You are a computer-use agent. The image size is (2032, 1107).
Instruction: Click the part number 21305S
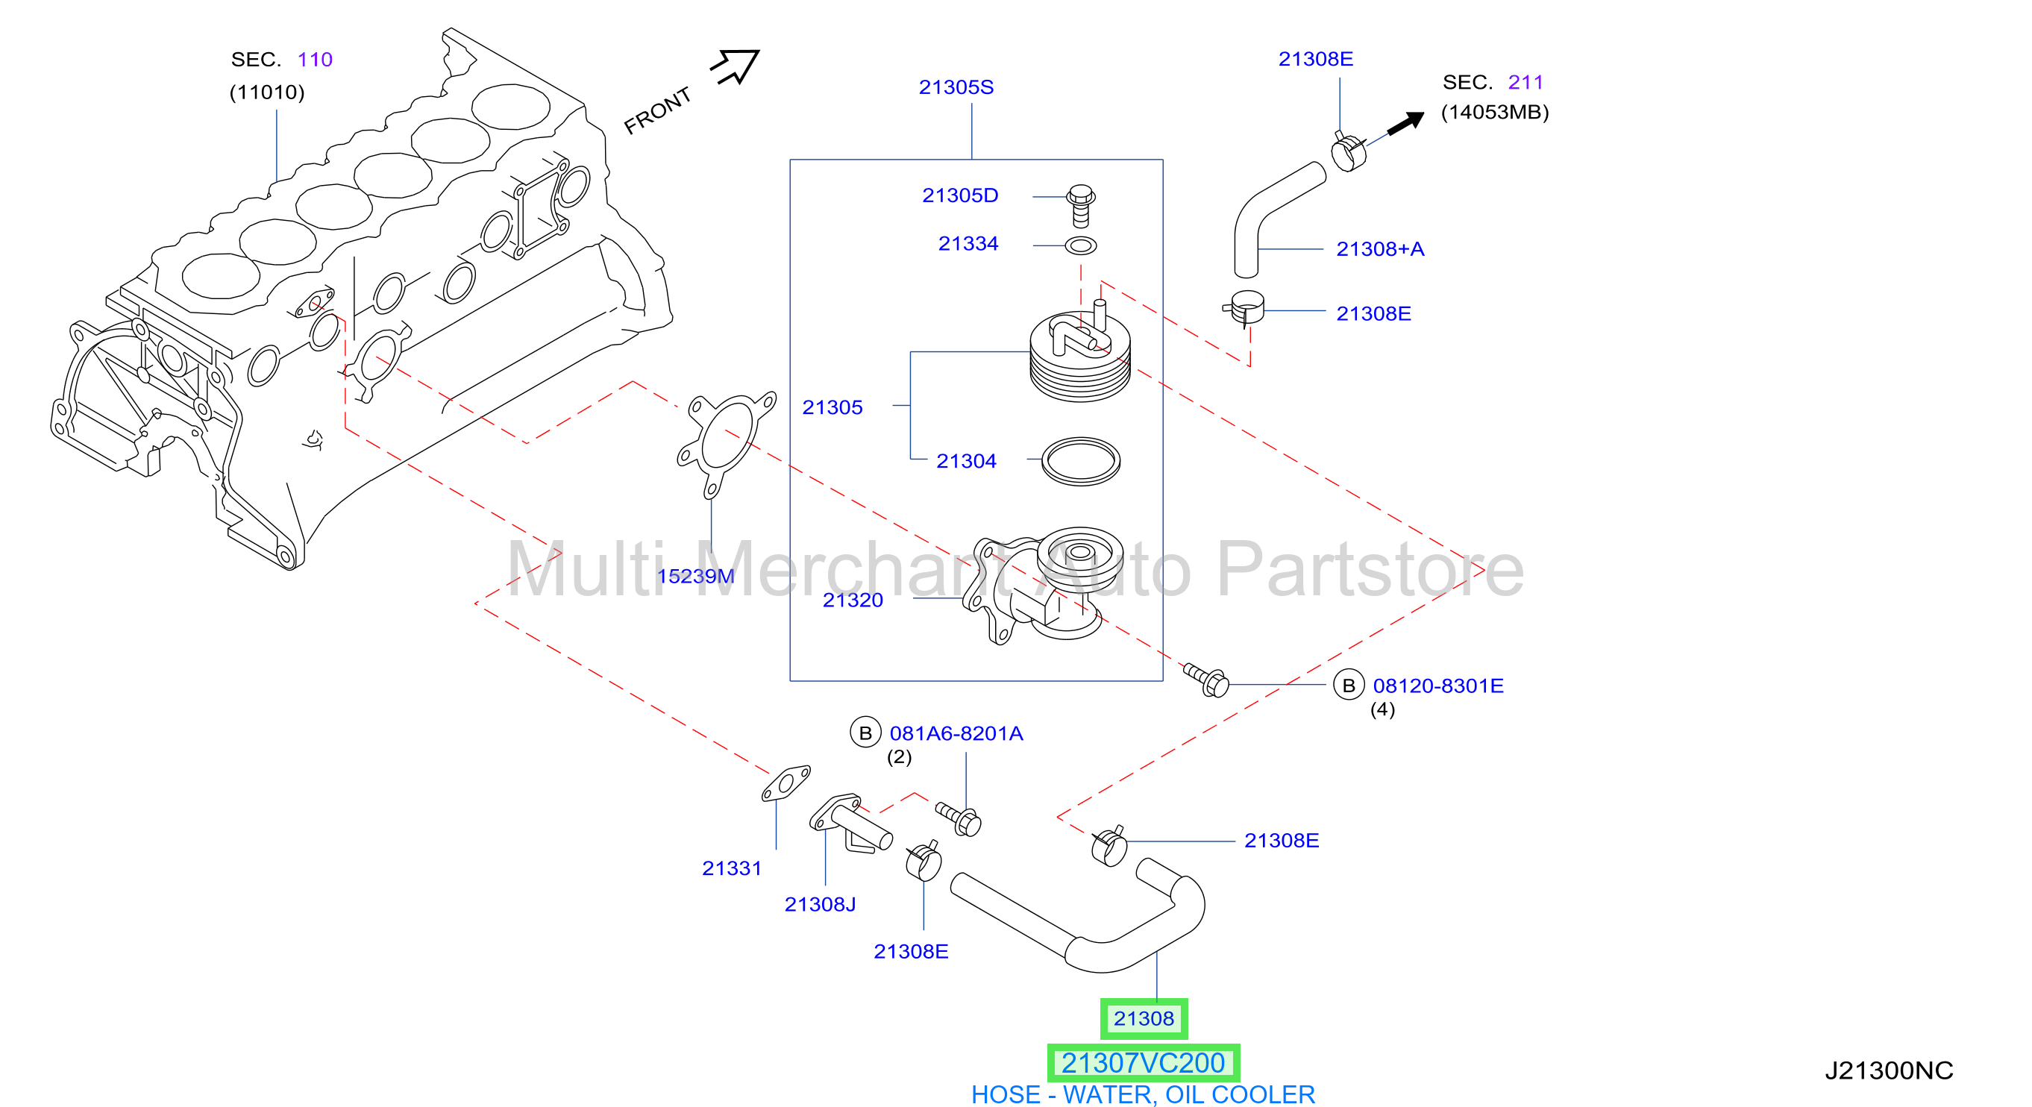click(x=956, y=87)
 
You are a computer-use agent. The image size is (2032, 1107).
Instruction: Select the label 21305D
click(x=960, y=195)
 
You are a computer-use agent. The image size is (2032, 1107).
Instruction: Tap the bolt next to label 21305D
click(x=1081, y=205)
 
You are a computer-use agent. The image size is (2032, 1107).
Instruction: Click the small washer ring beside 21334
click(x=1081, y=246)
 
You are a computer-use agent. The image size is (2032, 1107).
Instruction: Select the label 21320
click(x=853, y=600)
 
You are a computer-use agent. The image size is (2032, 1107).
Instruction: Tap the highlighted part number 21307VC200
click(x=1143, y=1063)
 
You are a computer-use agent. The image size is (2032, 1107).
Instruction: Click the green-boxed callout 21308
click(x=1144, y=1019)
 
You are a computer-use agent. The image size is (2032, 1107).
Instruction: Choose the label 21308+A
click(x=1379, y=248)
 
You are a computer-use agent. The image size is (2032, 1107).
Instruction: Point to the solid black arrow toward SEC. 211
click(x=1405, y=123)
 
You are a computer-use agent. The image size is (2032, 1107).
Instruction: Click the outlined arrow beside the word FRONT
click(x=736, y=66)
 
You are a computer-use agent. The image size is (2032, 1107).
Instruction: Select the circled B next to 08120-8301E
click(x=1348, y=685)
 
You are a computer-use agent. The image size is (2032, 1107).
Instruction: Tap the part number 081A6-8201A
click(x=956, y=733)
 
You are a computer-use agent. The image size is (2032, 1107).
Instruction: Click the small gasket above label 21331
click(x=785, y=783)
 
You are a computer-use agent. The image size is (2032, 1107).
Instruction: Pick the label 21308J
click(x=820, y=904)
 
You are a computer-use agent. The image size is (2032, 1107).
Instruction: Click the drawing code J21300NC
click(x=1889, y=1070)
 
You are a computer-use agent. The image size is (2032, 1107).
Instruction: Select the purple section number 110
click(x=315, y=59)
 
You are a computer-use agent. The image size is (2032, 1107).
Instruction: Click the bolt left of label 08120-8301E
click(x=1206, y=680)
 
